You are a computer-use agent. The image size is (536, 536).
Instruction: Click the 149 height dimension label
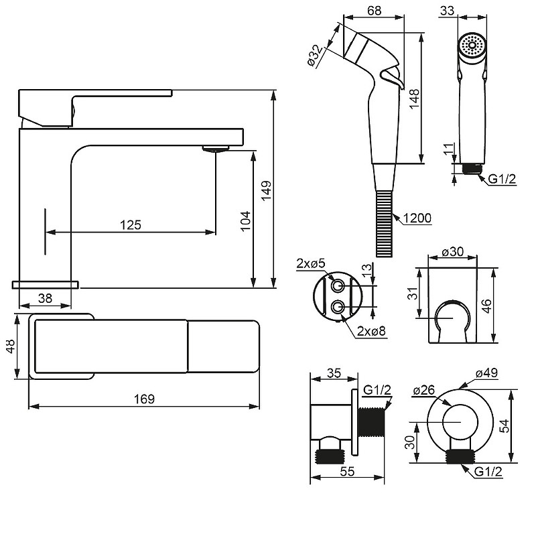266,190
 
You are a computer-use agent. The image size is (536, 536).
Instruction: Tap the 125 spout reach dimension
131,224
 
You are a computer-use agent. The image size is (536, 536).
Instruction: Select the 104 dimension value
245,221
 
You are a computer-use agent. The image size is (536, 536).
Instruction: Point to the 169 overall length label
144,399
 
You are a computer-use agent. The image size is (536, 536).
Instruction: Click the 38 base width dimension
45,298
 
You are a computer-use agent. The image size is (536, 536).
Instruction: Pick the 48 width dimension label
11,346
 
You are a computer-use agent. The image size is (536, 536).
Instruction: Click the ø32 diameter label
315,56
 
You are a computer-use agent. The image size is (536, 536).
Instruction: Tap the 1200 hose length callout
417,218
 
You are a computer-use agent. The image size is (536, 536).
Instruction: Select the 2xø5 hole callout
311,263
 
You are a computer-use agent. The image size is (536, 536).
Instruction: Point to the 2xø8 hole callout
371,331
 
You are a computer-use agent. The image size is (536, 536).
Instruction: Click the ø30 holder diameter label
452,252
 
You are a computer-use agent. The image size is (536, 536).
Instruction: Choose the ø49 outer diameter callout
486,373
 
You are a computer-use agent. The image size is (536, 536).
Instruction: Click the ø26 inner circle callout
423,390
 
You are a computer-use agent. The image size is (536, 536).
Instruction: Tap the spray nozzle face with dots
472,45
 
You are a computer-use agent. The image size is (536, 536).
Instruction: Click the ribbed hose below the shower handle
385,223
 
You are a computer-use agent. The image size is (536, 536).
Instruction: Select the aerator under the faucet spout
215,148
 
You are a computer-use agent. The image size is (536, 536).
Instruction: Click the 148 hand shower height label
414,98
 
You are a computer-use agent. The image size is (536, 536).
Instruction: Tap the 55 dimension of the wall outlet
347,472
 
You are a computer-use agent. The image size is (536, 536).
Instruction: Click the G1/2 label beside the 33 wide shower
502,179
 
